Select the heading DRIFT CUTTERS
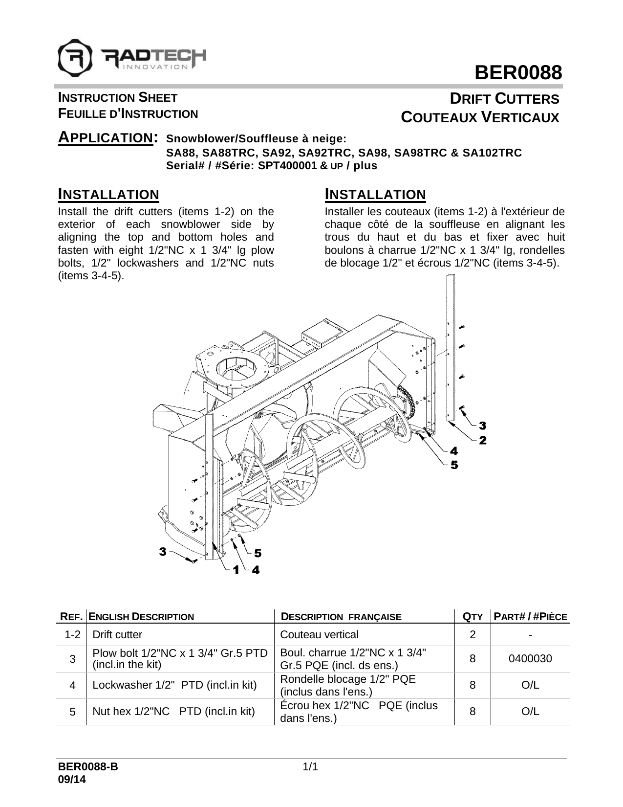[504, 99]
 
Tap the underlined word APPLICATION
[105, 138]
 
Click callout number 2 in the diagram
[482, 441]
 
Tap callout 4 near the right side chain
[454, 450]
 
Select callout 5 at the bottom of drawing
[257, 553]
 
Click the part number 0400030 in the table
[530, 659]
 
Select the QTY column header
[473, 616]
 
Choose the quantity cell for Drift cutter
[472, 635]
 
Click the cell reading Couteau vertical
[319, 635]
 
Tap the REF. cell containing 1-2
[72, 635]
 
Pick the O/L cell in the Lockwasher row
[530, 685]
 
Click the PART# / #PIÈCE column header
[531, 616]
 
